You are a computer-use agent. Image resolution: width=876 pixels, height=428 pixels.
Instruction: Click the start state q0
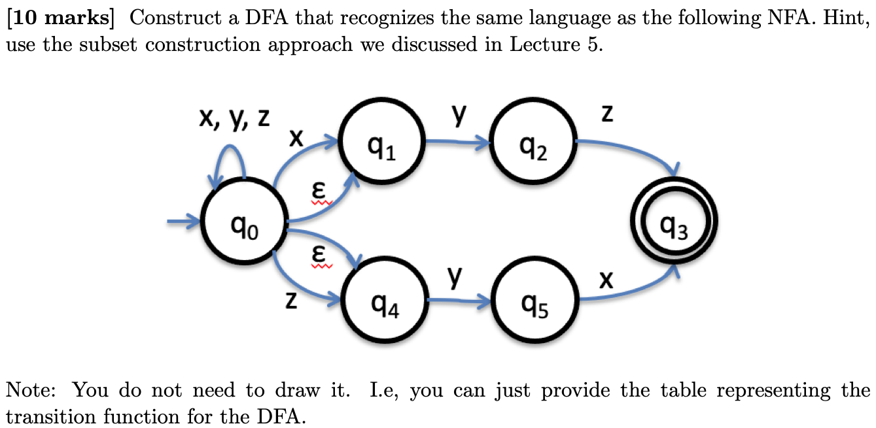(x=243, y=223)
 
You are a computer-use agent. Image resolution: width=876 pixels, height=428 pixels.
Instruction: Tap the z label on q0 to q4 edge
(x=292, y=300)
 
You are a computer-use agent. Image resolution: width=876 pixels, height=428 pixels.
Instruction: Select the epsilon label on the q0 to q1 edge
(x=319, y=191)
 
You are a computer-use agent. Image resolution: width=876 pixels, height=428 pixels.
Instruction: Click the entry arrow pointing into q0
(x=183, y=223)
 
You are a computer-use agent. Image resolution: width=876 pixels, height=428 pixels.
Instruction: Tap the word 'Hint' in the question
(x=849, y=18)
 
